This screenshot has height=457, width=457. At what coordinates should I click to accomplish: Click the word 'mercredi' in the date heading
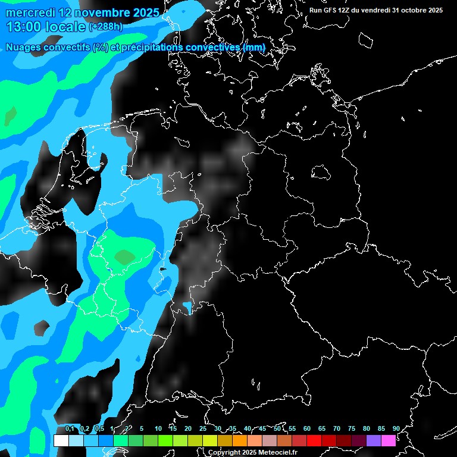click(28, 12)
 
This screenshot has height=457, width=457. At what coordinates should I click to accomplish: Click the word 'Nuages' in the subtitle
click(24, 47)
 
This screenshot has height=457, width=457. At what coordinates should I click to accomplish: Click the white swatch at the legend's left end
click(61, 441)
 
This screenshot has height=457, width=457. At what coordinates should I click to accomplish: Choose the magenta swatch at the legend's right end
click(388, 441)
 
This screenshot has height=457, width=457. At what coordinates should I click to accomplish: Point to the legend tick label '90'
click(396, 428)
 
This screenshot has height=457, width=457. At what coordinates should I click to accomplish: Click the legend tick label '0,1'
click(69, 428)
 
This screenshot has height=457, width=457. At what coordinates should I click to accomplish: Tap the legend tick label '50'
click(277, 428)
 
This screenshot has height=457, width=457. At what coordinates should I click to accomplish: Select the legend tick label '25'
click(203, 428)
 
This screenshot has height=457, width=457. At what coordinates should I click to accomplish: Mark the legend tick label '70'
click(337, 428)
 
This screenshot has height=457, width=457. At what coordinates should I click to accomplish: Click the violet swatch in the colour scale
click(373, 441)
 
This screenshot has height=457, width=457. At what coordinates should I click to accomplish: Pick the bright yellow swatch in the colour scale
click(209, 441)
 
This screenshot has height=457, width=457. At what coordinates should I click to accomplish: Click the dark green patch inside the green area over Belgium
click(124, 257)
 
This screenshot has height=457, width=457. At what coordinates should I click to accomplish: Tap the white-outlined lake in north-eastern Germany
click(321, 173)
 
